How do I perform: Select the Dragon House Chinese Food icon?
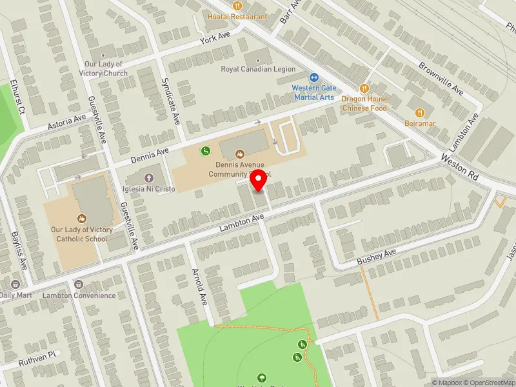pyautogui.click(x=364, y=88)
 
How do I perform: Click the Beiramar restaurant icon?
pyautogui.click(x=421, y=112)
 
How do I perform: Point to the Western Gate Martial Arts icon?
pyautogui.click(x=313, y=77)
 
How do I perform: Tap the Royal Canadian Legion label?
pyautogui.click(x=258, y=69)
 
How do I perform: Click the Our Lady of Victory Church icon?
pyautogui.click(x=103, y=55)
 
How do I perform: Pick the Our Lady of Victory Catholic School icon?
pyautogui.click(x=82, y=218)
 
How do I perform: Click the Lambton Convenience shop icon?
pyautogui.click(x=79, y=284)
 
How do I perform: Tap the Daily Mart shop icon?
pyautogui.click(x=15, y=284)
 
